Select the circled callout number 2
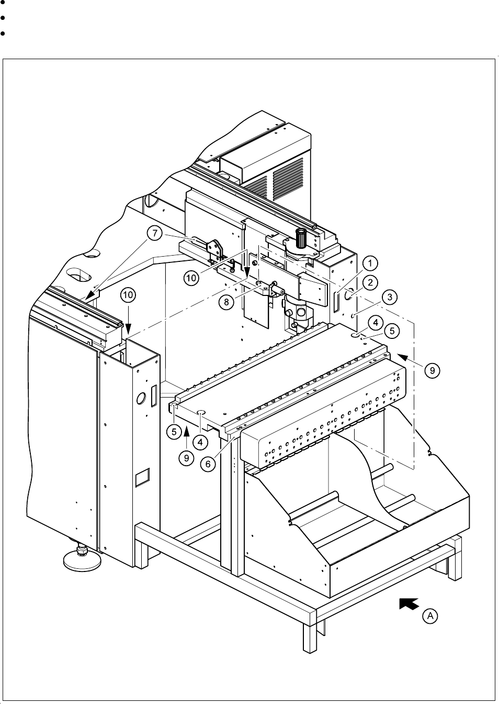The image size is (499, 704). pos(370,282)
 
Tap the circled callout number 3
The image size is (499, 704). pos(389,297)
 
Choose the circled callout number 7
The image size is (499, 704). pos(155,234)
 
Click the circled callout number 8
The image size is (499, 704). pos(226,303)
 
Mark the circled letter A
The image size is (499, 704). pos(430,617)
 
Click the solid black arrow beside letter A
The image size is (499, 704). pos(409,604)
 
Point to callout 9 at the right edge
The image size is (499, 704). pos(432,370)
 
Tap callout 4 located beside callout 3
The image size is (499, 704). pos(375,320)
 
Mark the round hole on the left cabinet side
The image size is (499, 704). pos(140,399)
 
